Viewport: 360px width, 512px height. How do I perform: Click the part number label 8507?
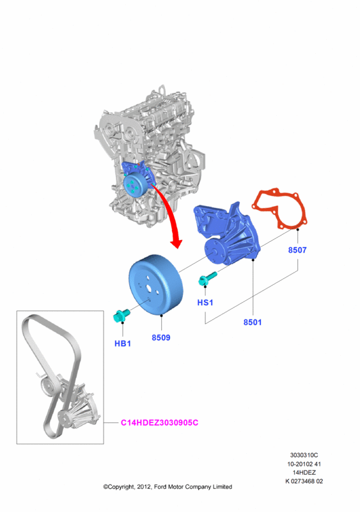click(x=297, y=250)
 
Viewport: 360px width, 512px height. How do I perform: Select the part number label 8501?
click(x=253, y=323)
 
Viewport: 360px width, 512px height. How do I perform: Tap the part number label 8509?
click(x=161, y=338)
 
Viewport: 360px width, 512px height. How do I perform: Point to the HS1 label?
click(x=205, y=303)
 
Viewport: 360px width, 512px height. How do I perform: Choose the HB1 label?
click(x=123, y=344)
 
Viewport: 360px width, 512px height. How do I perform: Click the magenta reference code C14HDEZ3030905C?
click(x=159, y=423)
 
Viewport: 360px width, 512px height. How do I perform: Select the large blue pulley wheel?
click(x=155, y=285)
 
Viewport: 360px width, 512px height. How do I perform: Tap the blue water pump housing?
click(x=228, y=234)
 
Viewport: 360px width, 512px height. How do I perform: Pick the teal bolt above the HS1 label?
click(x=207, y=279)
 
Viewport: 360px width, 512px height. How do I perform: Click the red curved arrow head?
click(x=176, y=243)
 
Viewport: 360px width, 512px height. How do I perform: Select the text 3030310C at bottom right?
click(x=304, y=455)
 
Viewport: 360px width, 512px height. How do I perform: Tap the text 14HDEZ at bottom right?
click(x=304, y=472)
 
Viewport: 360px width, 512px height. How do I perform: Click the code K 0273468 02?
click(x=304, y=481)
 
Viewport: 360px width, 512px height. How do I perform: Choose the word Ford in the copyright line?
click(x=160, y=487)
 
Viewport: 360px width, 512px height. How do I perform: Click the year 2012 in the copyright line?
click(x=144, y=487)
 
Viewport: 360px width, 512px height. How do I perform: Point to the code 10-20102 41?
click(x=304, y=464)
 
